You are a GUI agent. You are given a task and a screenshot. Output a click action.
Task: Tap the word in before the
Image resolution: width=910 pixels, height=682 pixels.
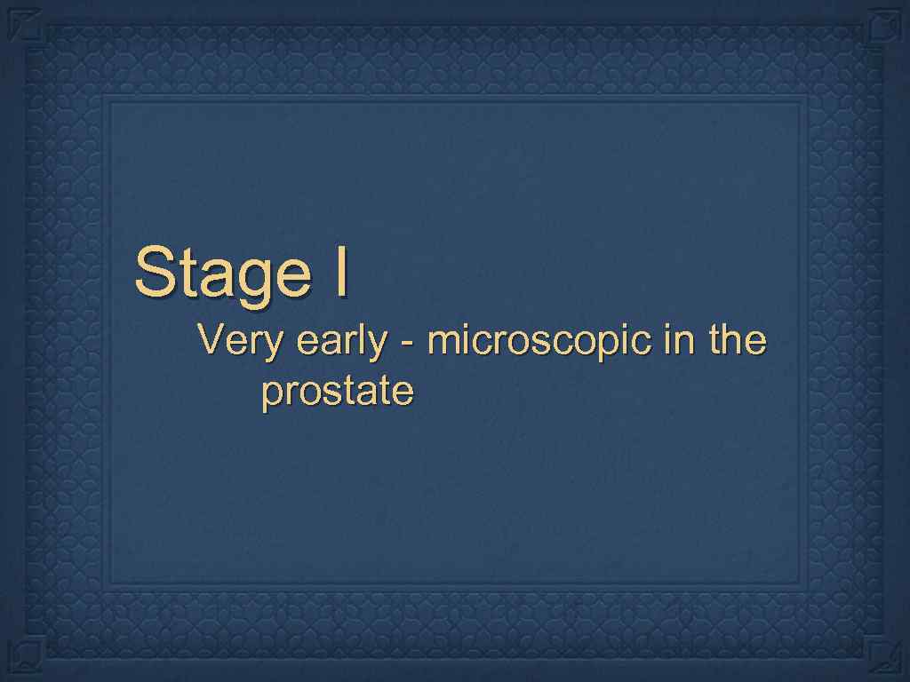pyautogui.click(x=668, y=339)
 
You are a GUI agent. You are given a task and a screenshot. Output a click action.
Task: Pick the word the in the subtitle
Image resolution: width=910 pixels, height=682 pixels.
pyautogui.click(x=731, y=339)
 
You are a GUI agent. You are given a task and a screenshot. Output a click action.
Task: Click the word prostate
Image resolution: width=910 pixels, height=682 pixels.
pyautogui.click(x=337, y=393)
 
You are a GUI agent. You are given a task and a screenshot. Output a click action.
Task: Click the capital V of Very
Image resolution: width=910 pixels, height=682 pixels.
pyautogui.click(x=210, y=339)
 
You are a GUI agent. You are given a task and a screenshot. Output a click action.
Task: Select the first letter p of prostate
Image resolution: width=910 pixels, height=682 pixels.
pyautogui.click(x=270, y=395)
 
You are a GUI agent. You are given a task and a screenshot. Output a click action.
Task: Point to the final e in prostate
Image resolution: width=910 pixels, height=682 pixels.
pyautogui.click(x=404, y=393)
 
